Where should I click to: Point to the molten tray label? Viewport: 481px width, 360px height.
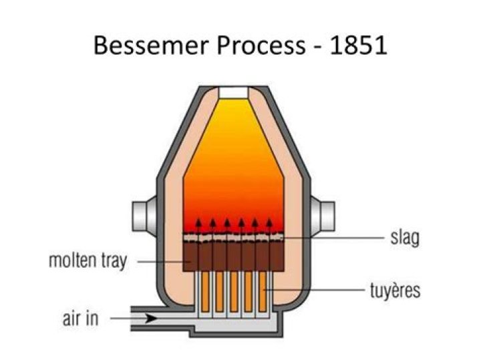[x=87, y=260]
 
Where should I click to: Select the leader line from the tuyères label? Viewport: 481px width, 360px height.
[x=321, y=290]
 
